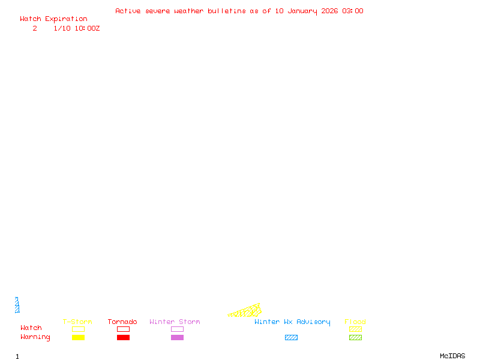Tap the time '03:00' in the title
[x=353, y=11]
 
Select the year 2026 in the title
[x=329, y=11]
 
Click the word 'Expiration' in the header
[x=66, y=19]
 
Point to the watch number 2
[x=35, y=28]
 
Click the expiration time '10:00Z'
[x=87, y=28]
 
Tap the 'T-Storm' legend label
[x=77, y=322]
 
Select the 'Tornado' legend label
[x=122, y=322]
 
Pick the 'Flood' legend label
[x=355, y=322]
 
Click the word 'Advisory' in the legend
[x=313, y=322]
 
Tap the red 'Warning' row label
[x=35, y=337]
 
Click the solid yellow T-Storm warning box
[x=78, y=337]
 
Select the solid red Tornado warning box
[x=123, y=337]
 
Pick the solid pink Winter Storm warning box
[x=177, y=337]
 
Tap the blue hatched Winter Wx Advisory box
[x=291, y=337]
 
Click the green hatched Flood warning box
[x=355, y=337]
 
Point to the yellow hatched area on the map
[x=248, y=311]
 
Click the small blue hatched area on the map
[x=17, y=305]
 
